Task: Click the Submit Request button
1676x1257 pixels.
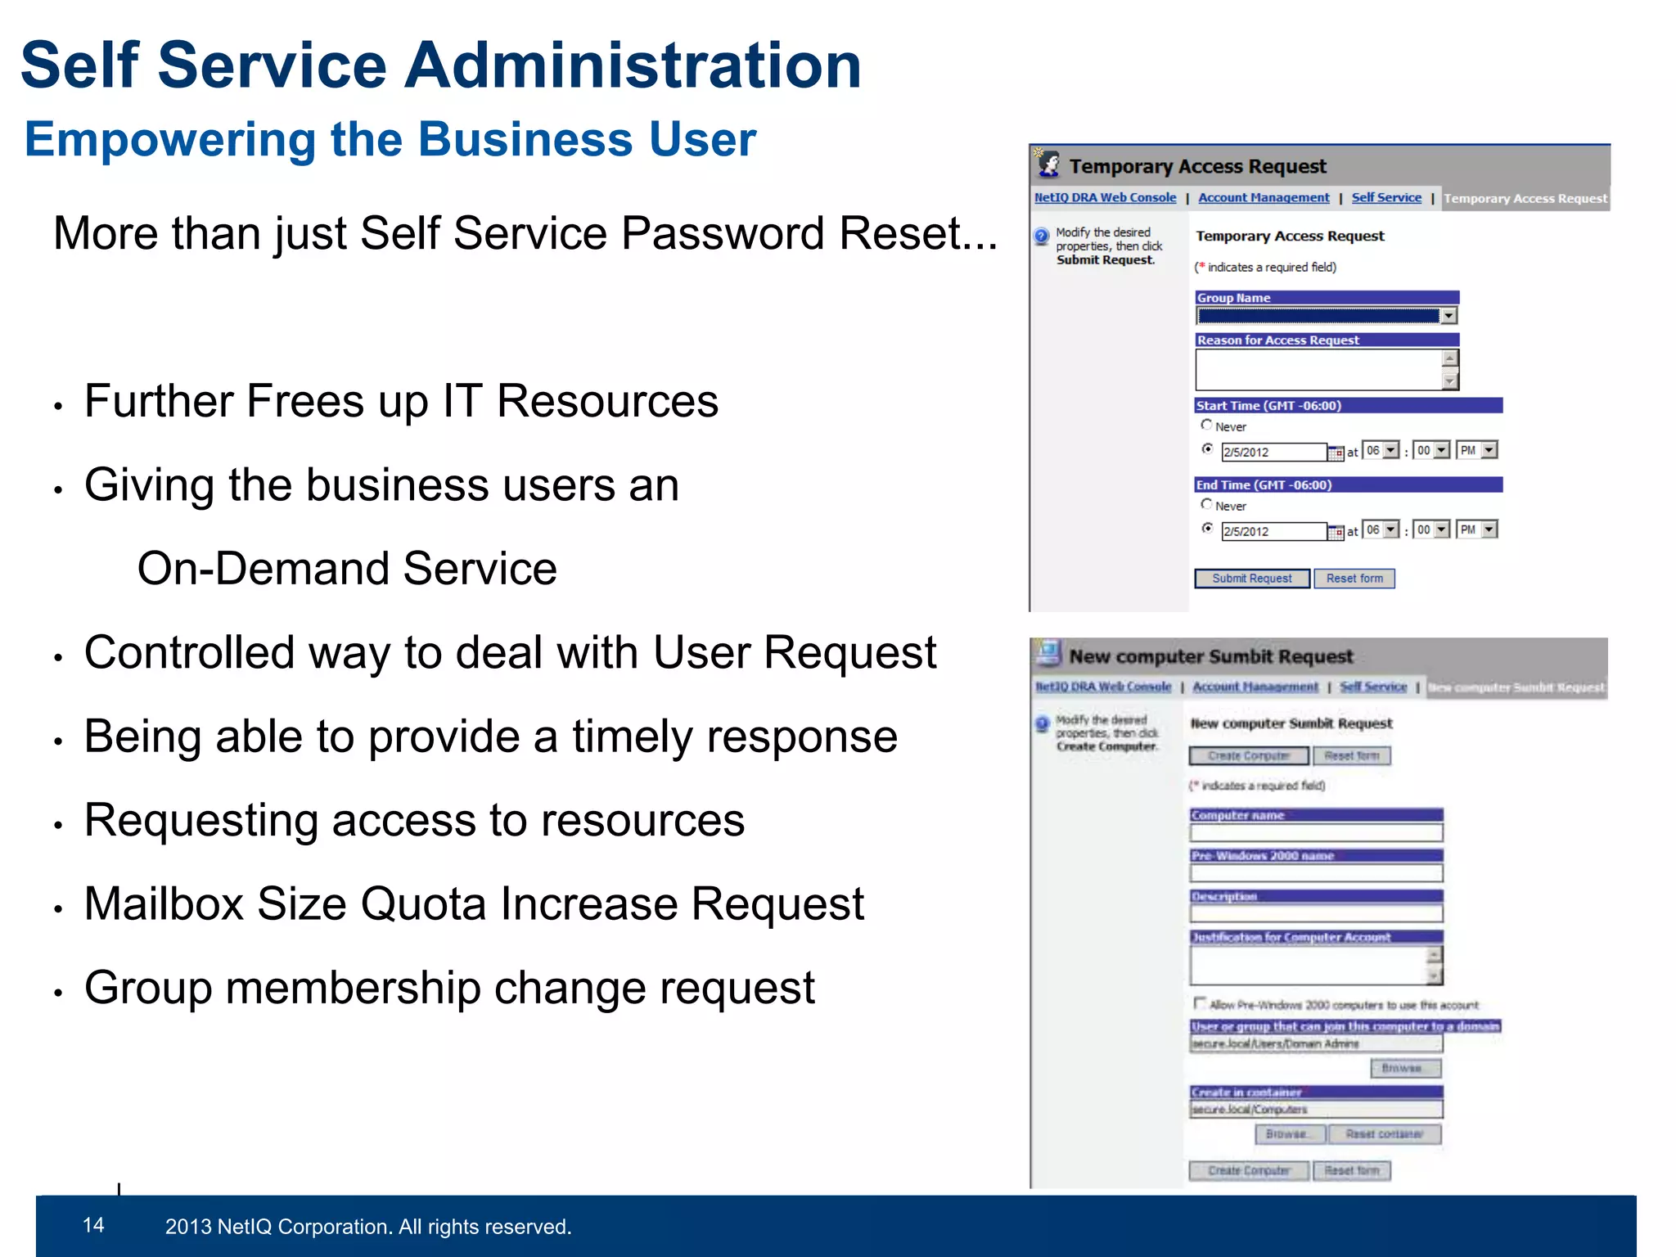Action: [x=1251, y=579]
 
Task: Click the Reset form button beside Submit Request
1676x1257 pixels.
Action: [x=1354, y=579]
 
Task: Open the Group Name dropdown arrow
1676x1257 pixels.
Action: [x=1449, y=316]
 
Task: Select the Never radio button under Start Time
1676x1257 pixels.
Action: [x=1206, y=425]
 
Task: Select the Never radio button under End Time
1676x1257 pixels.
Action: [x=1206, y=504]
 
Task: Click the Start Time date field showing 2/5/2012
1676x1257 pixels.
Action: [x=1273, y=452]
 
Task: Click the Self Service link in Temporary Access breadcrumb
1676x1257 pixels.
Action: [x=1386, y=197]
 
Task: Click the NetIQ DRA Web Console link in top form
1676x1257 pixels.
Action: [x=1105, y=197]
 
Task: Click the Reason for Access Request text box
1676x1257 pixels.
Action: [x=1318, y=370]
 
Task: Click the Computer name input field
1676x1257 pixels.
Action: [x=1316, y=833]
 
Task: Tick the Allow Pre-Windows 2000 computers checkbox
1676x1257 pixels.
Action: [x=1200, y=1002]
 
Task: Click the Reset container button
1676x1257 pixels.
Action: [x=1384, y=1134]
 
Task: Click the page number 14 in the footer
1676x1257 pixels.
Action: [x=93, y=1225]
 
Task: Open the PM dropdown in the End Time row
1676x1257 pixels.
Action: [x=1489, y=530]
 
